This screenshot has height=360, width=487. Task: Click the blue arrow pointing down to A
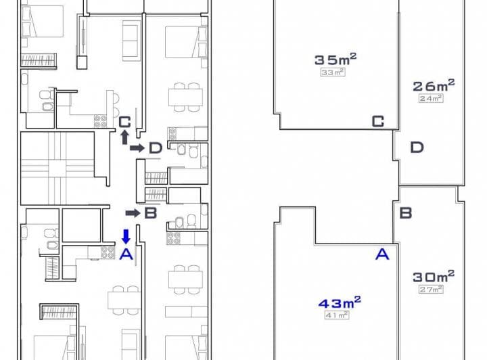pos(126,236)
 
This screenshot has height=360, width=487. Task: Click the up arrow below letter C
pos(124,137)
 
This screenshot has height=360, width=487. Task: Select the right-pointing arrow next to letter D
pos(137,148)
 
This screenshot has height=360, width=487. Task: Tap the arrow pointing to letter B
pos(133,213)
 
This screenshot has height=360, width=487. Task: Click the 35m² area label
pos(335,60)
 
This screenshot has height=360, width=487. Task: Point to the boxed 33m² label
pos(333,72)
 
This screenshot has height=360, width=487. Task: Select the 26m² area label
pos(434,85)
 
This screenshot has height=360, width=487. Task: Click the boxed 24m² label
pos(431,99)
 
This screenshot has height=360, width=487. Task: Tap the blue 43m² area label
pos(340,302)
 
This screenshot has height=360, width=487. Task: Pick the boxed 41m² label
pos(337,315)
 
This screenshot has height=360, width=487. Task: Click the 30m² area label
pos(434,276)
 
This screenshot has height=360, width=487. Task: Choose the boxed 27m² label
pos(431,289)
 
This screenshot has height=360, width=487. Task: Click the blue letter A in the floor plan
pos(126,254)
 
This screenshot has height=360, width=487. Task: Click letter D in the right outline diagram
pos(417,148)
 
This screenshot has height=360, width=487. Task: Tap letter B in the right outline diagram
pos(406,213)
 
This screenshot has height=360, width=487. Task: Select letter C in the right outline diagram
pos(378,121)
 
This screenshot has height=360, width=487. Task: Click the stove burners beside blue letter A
pos(108,252)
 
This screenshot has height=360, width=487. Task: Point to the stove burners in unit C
pos(100,121)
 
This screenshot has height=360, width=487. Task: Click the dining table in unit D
pos(186,97)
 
